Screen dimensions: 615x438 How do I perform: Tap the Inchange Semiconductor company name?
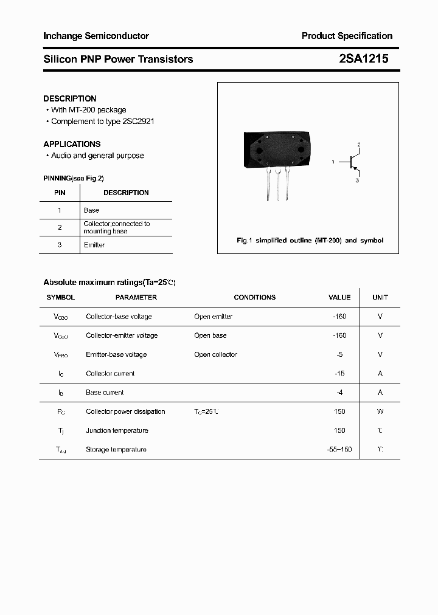[x=96, y=36]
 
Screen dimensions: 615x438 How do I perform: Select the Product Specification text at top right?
[x=347, y=36]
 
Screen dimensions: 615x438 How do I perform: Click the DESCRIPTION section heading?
[x=70, y=98]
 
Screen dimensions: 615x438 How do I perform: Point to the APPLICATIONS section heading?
[x=72, y=144]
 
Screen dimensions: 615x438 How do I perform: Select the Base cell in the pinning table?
[x=91, y=210]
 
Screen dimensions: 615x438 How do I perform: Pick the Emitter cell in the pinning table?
[x=94, y=245]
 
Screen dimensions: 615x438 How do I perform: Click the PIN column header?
[x=60, y=193]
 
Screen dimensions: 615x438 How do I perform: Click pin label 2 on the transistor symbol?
[x=359, y=144]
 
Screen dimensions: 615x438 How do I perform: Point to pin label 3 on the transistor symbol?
[x=358, y=180]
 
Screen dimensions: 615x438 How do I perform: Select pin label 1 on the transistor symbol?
[x=333, y=162]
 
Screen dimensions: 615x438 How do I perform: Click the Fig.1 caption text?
[x=310, y=241]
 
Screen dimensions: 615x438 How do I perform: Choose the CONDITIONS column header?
[x=254, y=297]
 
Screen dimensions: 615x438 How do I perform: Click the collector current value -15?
[x=339, y=374]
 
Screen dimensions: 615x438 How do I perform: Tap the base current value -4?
[x=339, y=393]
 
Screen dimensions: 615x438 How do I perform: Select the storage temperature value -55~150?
[x=339, y=450]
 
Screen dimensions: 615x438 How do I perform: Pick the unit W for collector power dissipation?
[x=380, y=411]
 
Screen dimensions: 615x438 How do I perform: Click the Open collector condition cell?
[x=215, y=354]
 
